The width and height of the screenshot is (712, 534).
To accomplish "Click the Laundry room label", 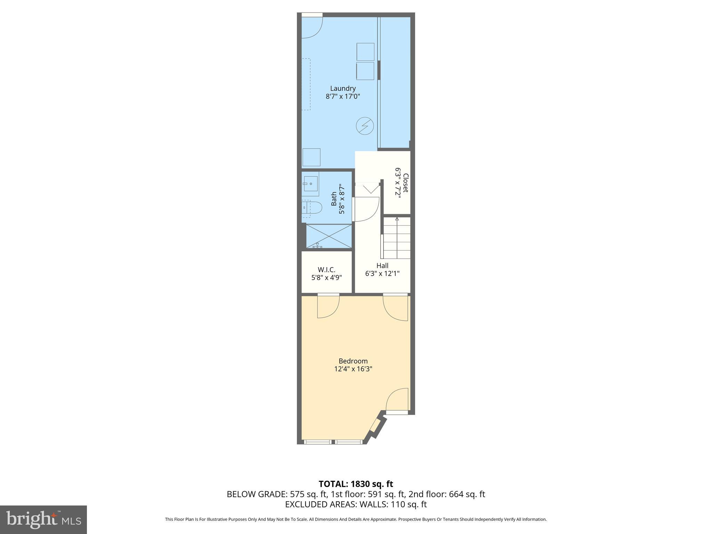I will (343, 88).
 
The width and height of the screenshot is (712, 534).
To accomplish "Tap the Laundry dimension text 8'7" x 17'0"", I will (343, 96).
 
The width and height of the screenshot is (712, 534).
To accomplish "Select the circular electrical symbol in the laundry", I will (365, 126).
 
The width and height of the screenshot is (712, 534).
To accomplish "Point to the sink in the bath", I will (310, 183).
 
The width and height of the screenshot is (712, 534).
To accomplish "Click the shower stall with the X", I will (329, 236).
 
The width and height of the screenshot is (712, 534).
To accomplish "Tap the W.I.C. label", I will (326, 269).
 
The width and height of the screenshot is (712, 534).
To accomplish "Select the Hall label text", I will (382, 266).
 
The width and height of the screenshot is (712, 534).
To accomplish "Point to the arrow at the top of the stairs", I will (397, 219).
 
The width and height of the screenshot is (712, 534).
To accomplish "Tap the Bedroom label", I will (353, 361).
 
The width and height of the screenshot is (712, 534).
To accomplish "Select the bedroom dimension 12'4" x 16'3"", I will (353, 369).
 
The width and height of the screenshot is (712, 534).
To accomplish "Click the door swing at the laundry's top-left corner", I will (312, 27).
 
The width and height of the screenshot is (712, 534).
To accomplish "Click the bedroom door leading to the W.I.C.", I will (328, 306).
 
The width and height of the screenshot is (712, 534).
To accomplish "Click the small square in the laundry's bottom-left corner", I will (311, 157).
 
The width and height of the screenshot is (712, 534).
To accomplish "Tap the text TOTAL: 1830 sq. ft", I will (356, 484).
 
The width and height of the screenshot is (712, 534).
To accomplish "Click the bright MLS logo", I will (43, 519).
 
